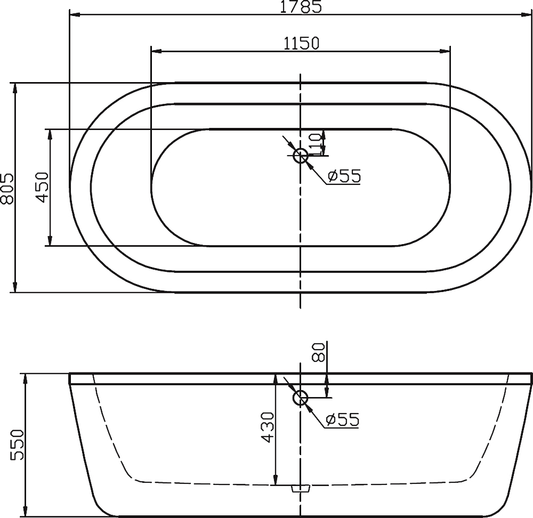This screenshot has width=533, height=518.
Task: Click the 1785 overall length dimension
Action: [x=301, y=6]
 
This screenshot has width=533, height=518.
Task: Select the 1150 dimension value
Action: [x=301, y=43]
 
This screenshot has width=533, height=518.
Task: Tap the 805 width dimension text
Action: [x=7, y=188]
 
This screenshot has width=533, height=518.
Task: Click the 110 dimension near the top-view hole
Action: [x=318, y=142]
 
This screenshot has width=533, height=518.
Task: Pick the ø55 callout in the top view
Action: [x=344, y=176]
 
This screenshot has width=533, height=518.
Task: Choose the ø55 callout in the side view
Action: [x=342, y=419]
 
